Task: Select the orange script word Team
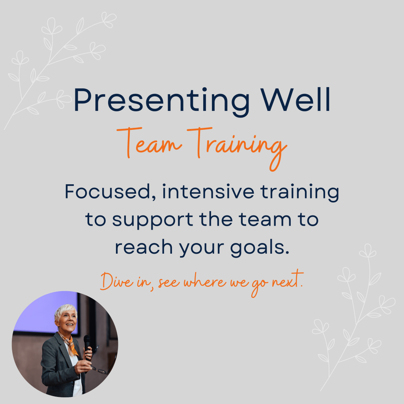tap(149, 143)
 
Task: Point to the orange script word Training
tap(237, 148)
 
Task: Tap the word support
tap(153, 220)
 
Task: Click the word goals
tap(260, 248)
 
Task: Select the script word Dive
tap(117, 281)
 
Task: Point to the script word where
tap(205, 281)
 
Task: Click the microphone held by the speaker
tap(87, 345)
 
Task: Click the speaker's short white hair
tap(65, 311)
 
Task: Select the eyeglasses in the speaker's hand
tap(99, 369)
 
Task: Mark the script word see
tap(169, 282)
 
